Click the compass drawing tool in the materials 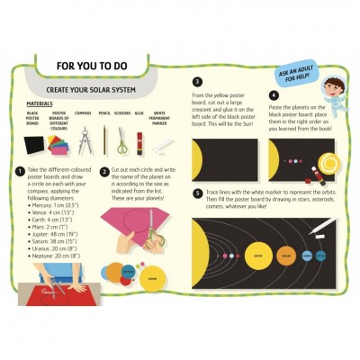coord(83,139)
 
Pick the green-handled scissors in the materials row coord(121,139)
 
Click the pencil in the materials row coord(105,139)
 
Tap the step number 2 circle coord(104,171)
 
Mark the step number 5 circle coord(196,193)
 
